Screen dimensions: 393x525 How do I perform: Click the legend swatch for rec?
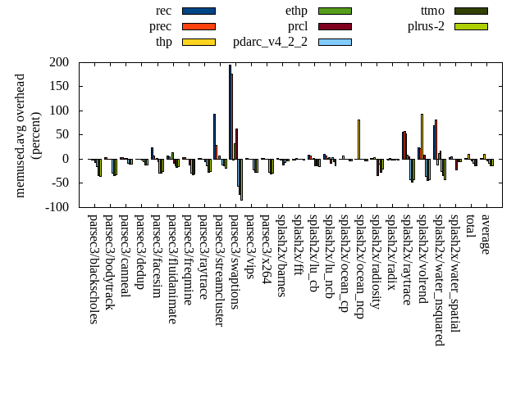pyautogui.click(x=199, y=11)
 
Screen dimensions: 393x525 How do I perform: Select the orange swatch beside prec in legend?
pyautogui.click(x=199, y=26)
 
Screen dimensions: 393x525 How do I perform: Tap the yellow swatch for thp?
pyautogui.click(x=199, y=42)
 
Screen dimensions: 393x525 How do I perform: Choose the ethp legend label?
pyautogui.click(x=296, y=11)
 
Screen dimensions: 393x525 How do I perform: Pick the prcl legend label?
pyautogui.click(x=298, y=26)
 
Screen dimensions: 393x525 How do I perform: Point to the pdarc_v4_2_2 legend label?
pyautogui.click(x=271, y=42)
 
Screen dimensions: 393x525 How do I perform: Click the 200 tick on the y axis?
pyautogui.click(x=58, y=62)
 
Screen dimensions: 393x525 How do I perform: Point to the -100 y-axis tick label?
pyautogui.click(x=56, y=207)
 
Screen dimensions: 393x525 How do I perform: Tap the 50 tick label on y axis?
pyautogui.click(x=62, y=134)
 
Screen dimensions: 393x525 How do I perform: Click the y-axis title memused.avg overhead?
pyautogui.click(x=21, y=135)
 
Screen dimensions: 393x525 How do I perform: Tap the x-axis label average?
pyautogui.click(x=486, y=235)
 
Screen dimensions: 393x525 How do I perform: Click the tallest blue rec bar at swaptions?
pyautogui.click(x=230, y=111)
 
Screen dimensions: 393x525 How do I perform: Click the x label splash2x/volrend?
pyautogui.click(x=423, y=259)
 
